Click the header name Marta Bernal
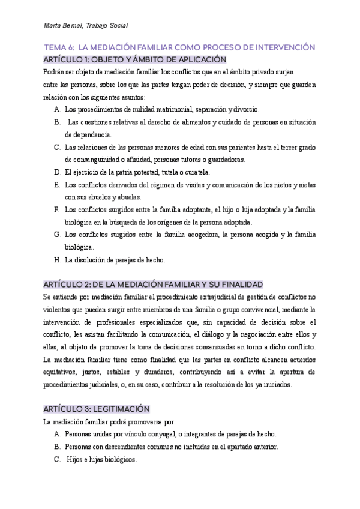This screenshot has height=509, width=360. [x=62, y=25]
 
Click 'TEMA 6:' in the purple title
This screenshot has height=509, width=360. [x=59, y=47]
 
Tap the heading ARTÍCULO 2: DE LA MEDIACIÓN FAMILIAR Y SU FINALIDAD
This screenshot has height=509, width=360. [x=153, y=284]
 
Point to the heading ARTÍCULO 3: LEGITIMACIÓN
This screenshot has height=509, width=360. [x=97, y=408]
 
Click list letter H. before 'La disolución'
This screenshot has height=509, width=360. [x=57, y=261]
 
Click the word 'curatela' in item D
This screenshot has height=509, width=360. [x=196, y=172]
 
